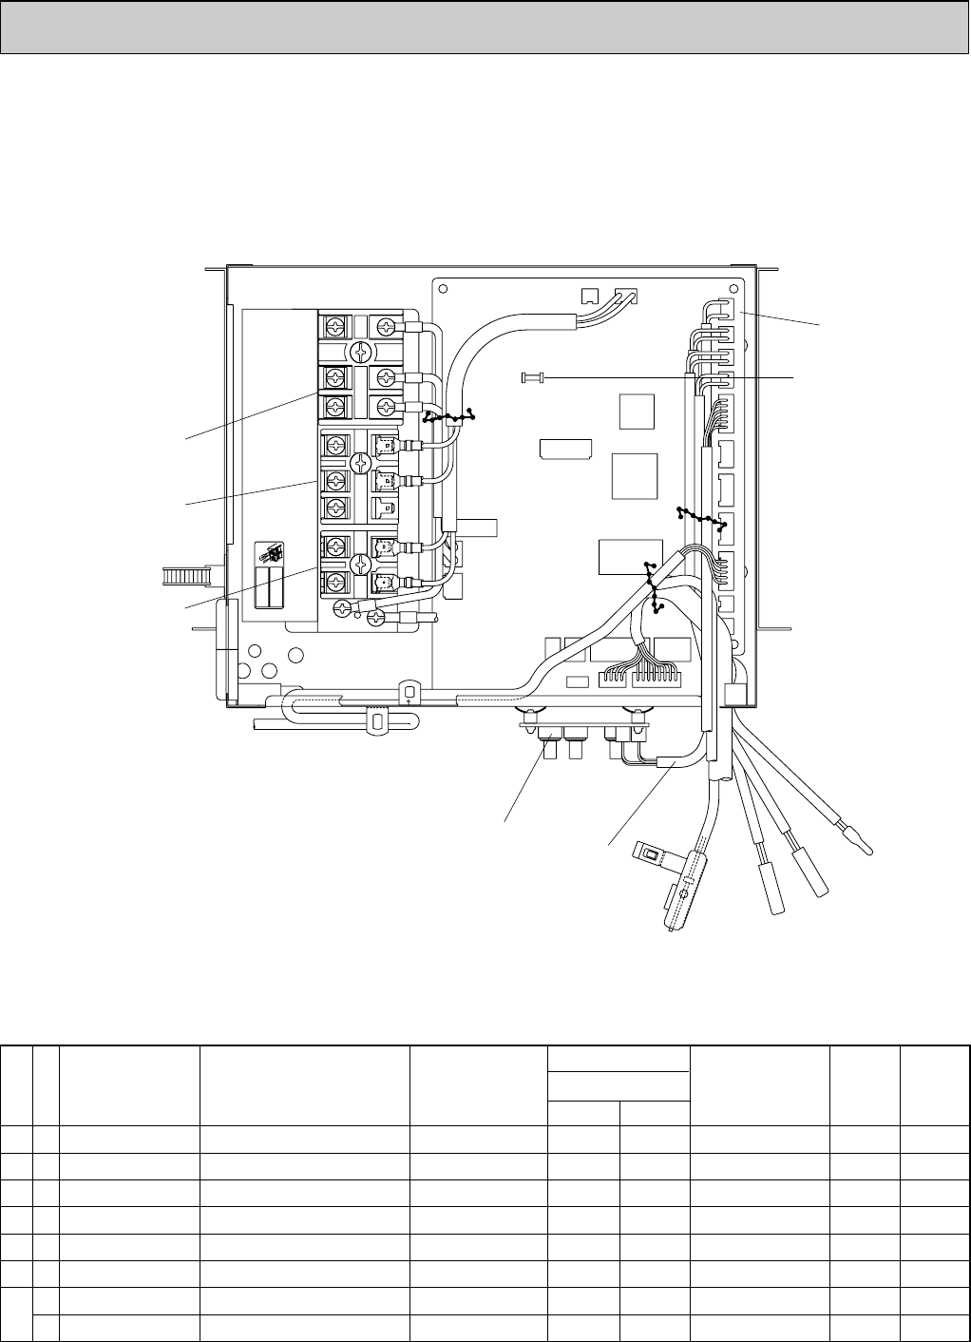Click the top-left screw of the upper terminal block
click(334, 326)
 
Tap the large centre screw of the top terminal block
click(360, 351)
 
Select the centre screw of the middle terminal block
click(360, 464)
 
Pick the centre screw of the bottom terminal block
click(360, 564)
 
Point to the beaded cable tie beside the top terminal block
click(448, 416)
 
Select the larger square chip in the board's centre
click(635, 475)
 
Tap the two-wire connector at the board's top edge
click(626, 295)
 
